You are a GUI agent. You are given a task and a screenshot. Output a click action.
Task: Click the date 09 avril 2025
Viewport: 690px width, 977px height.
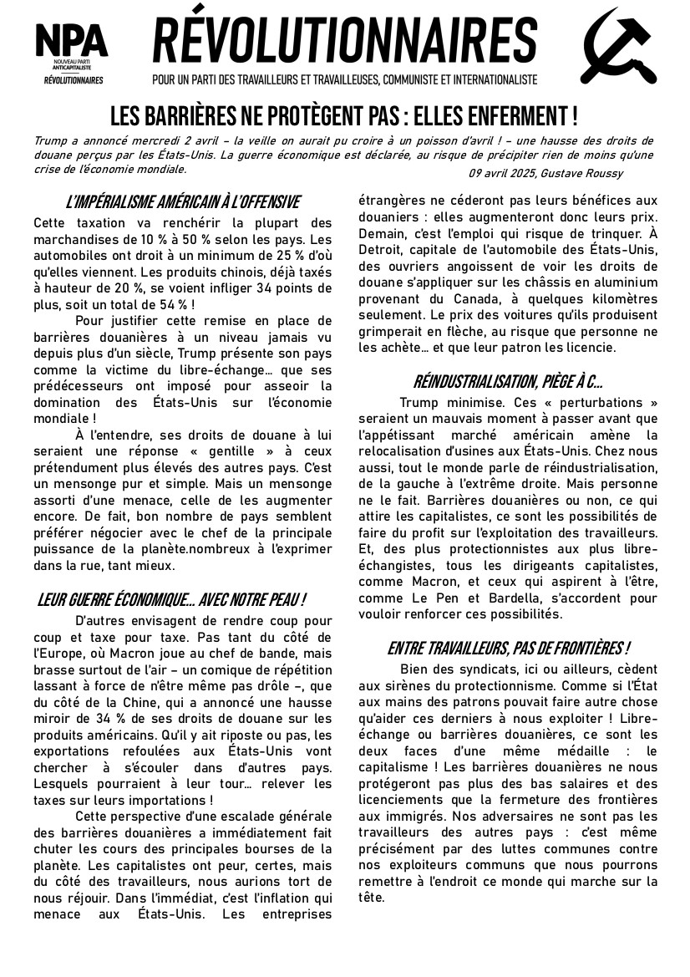pos(500,173)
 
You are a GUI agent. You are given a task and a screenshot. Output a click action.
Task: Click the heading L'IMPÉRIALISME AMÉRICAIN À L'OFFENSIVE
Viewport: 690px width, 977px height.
pos(182,202)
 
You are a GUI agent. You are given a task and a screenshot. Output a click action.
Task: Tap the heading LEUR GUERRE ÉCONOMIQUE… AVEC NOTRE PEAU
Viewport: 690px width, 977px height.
pos(171,600)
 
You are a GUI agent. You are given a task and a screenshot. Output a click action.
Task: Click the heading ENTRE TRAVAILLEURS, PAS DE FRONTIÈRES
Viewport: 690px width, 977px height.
pos(508,649)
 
